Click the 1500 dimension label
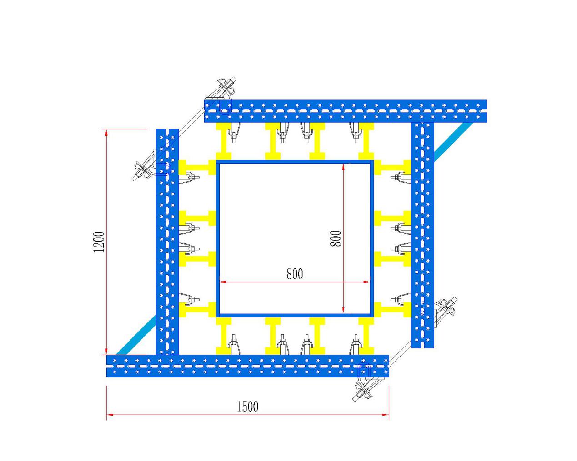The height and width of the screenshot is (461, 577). pyautogui.click(x=247, y=406)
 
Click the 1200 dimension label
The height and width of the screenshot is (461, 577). pyautogui.click(x=99, y=242)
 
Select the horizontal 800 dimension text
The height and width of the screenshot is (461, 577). pyautogui.click(x=295, y=274)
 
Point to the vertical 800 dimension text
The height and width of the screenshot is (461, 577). pyautogui.click(x=336, y=238)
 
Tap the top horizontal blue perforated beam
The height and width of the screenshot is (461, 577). pyautogui.click(x=346, y=111)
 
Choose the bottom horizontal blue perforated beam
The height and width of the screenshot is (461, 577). pyautogui.click(x=247, y=366)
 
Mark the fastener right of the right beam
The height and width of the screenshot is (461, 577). pyautogui.click(x=447, y=307)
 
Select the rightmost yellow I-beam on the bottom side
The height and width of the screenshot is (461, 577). pyautogui.click(x=366, y=336)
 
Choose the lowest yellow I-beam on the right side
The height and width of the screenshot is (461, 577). pyautogui.click(x=392, y=310)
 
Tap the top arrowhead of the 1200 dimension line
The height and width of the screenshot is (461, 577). pyautogui.click(x=106, y=132)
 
